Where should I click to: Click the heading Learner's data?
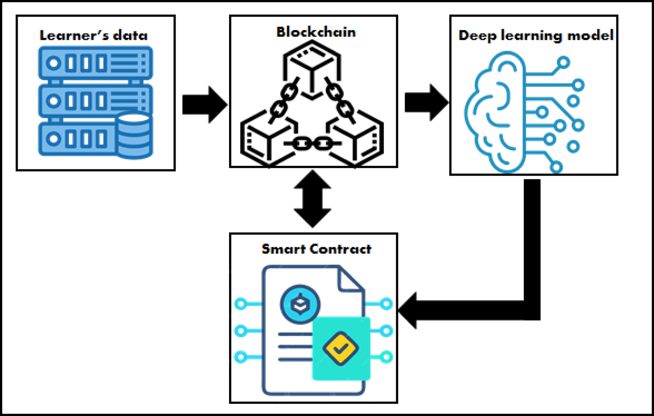pyautogui.click(x=94, y=35)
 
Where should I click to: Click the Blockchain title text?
pyautogui.click(x=316, y=32)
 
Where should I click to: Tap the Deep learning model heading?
pyautogui.click(x=535, y=35)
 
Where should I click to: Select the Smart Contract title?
pyautogui.click(x=316, y=249)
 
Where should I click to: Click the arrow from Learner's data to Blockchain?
pyautogui.click(x=204, y=104)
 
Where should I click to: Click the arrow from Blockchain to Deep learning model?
pyautogui.click(x=426, y=102)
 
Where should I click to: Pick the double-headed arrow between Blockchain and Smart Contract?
pyautogui.click(x=312, y=199)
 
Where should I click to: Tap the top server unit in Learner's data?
pyautogui.click(x=95, y=63)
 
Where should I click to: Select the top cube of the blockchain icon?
pyautogui.click(x=312, y=61)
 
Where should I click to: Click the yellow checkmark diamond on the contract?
pyautogui.click(x=340, y=348)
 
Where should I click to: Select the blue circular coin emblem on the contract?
pyautogui.click(x=300, y=304)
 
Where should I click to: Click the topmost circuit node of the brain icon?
pyautogui.click(x=563, y=62)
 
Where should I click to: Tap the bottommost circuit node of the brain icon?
pyautogui.click(x=556, y=167)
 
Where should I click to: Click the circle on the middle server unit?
pyautogui.click(x=54, y=101)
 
